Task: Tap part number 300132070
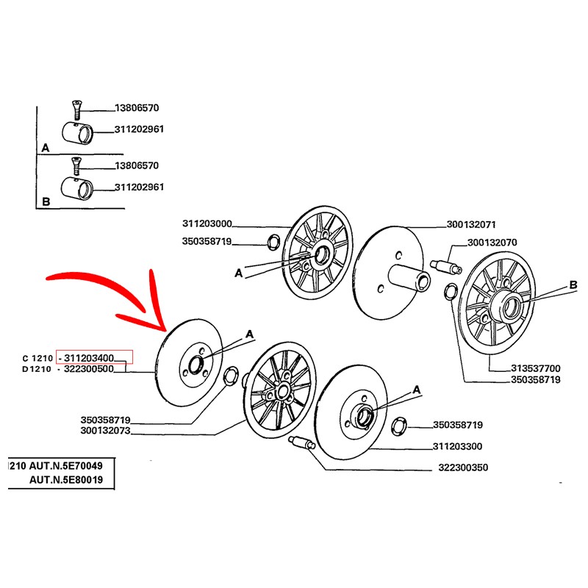(492, 242)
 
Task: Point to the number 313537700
(536, 368)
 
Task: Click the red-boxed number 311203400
(89, 358)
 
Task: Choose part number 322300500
(89, 369)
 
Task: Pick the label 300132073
(105, 431)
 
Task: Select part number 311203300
(458, 446)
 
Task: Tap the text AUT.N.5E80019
(66, 480)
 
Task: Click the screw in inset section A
(74, 110)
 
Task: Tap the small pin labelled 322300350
(304, 443)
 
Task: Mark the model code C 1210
(37, 358)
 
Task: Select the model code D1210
(36, 369)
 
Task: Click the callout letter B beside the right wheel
(573, 286)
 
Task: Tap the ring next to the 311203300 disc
(401, 426)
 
